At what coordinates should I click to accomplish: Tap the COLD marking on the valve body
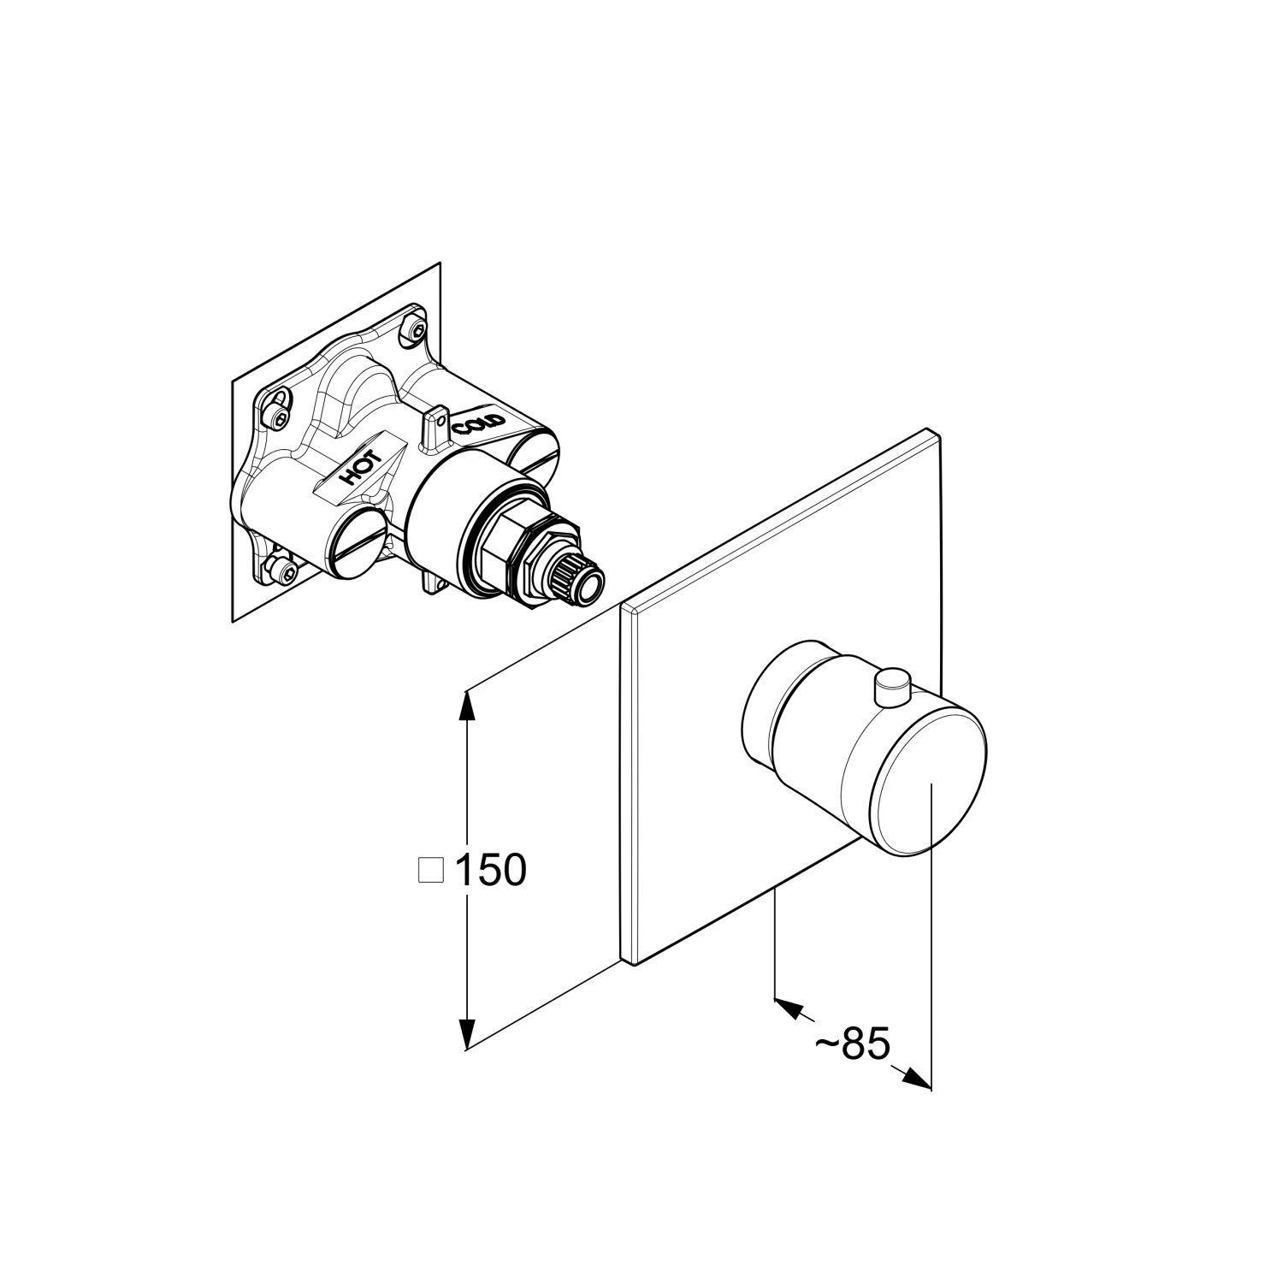pos(480,423)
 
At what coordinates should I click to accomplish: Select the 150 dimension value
pos(490,871)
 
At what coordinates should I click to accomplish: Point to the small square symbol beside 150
pos(430,870)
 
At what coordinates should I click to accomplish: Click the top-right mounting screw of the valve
pos(417,330)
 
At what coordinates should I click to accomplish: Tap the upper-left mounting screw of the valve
pos(279,412)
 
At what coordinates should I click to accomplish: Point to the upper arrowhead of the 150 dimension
pos(466,706)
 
